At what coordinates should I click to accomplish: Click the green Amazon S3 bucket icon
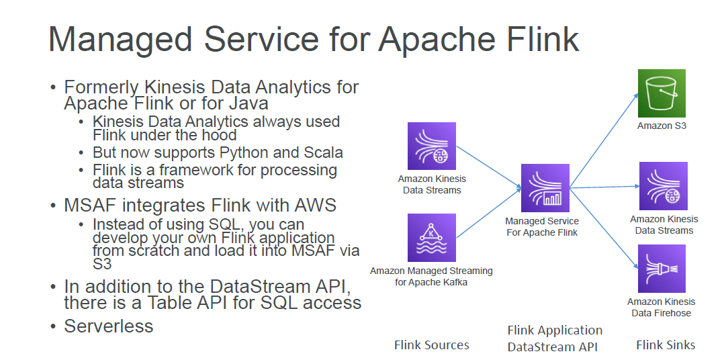[x=661, y=93]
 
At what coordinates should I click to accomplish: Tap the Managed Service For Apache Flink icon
[x=545, y=188]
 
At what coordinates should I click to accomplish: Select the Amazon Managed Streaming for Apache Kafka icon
[x=431, y=238]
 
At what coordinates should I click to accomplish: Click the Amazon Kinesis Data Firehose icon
[x=662, y=269]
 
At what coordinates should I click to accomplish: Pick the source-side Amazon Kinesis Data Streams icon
[x=431, y=146]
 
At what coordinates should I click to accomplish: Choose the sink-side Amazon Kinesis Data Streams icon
[x=662, y=186]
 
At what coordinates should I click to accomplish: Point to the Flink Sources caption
[x=431, y=345]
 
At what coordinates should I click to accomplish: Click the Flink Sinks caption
[x=666, y=345]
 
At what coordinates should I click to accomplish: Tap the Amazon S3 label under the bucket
[x=662, y=126]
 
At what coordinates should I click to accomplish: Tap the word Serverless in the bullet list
[x=109, y=326]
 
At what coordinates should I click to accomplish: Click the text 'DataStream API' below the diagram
[x=552, y=347]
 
